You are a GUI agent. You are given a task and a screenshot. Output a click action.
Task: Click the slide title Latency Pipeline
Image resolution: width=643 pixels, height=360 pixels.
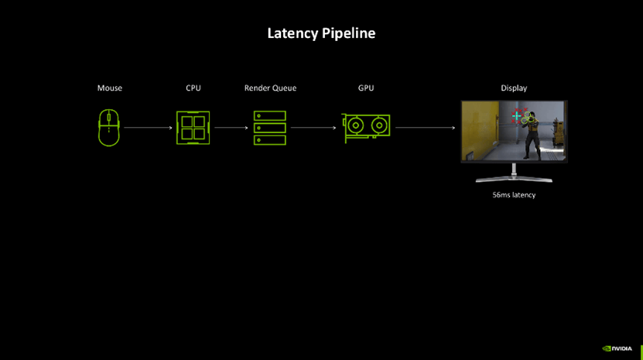tap(321, 33)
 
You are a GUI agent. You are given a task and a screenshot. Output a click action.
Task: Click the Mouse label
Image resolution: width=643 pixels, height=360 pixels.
tap(109, 88)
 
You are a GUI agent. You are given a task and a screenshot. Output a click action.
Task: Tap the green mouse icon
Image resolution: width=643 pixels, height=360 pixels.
tap(109, 127)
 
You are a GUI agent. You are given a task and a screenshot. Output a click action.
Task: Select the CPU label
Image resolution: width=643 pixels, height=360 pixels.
tap(193, 88)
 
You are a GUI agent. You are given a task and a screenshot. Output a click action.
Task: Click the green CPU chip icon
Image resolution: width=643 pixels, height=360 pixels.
tap(193, 127)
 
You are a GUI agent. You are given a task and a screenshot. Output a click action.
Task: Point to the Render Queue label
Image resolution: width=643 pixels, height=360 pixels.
tap(270, 88)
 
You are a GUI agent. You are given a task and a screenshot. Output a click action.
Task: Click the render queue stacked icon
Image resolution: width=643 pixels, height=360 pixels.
tap(270, 128)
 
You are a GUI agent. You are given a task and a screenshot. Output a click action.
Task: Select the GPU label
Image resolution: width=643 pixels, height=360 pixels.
tap(366, 88)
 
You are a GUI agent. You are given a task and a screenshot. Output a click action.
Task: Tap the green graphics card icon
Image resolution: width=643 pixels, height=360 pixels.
tap(367, 127)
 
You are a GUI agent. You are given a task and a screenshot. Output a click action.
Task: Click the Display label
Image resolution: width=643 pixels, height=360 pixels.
tap(514, 88)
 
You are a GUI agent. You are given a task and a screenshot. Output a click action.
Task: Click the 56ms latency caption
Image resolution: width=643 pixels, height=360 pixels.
tap(514, 195)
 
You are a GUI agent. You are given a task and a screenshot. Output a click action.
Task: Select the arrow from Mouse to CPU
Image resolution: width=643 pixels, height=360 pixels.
tap(148, 128)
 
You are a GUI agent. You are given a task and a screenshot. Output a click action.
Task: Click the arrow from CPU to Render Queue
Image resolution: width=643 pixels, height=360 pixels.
tap(231, 128)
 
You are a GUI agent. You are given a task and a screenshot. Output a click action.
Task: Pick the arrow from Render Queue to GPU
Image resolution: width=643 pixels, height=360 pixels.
tap(316, 128)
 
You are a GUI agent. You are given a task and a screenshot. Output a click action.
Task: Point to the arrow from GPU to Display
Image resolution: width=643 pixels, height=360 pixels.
tap(425, 128)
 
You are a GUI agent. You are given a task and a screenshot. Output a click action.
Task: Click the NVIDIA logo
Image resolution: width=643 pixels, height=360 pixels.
tap(617, 348)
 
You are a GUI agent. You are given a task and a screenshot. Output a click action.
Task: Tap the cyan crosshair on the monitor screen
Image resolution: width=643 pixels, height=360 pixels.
tap(517, 116)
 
